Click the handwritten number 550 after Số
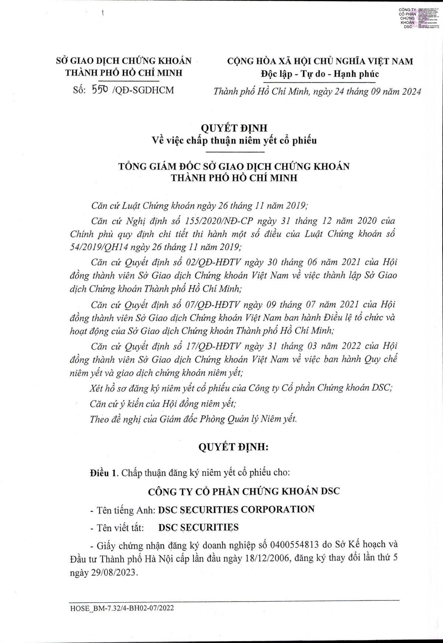(100, 89)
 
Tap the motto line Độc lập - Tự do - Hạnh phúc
(320, 74)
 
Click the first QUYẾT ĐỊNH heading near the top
(234, 128)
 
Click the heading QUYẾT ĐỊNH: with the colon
(233, 447)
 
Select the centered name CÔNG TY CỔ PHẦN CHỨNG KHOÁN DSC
(244, 491)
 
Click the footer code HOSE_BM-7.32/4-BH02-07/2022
(121, 608)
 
